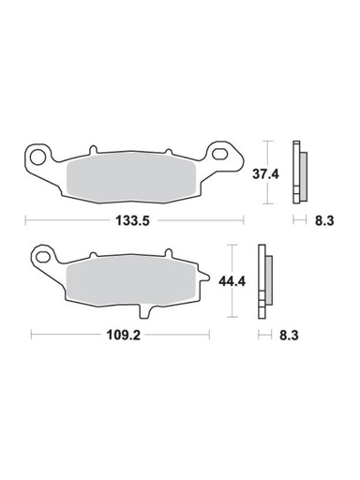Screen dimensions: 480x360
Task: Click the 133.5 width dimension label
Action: click(134, 221)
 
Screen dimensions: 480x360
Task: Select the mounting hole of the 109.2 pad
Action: click(41, 255)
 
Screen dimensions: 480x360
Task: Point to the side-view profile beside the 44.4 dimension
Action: click(266, 280)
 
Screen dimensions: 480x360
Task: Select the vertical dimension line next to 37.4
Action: click(270, 172)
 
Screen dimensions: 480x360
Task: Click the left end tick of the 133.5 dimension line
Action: click(26, 221)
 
